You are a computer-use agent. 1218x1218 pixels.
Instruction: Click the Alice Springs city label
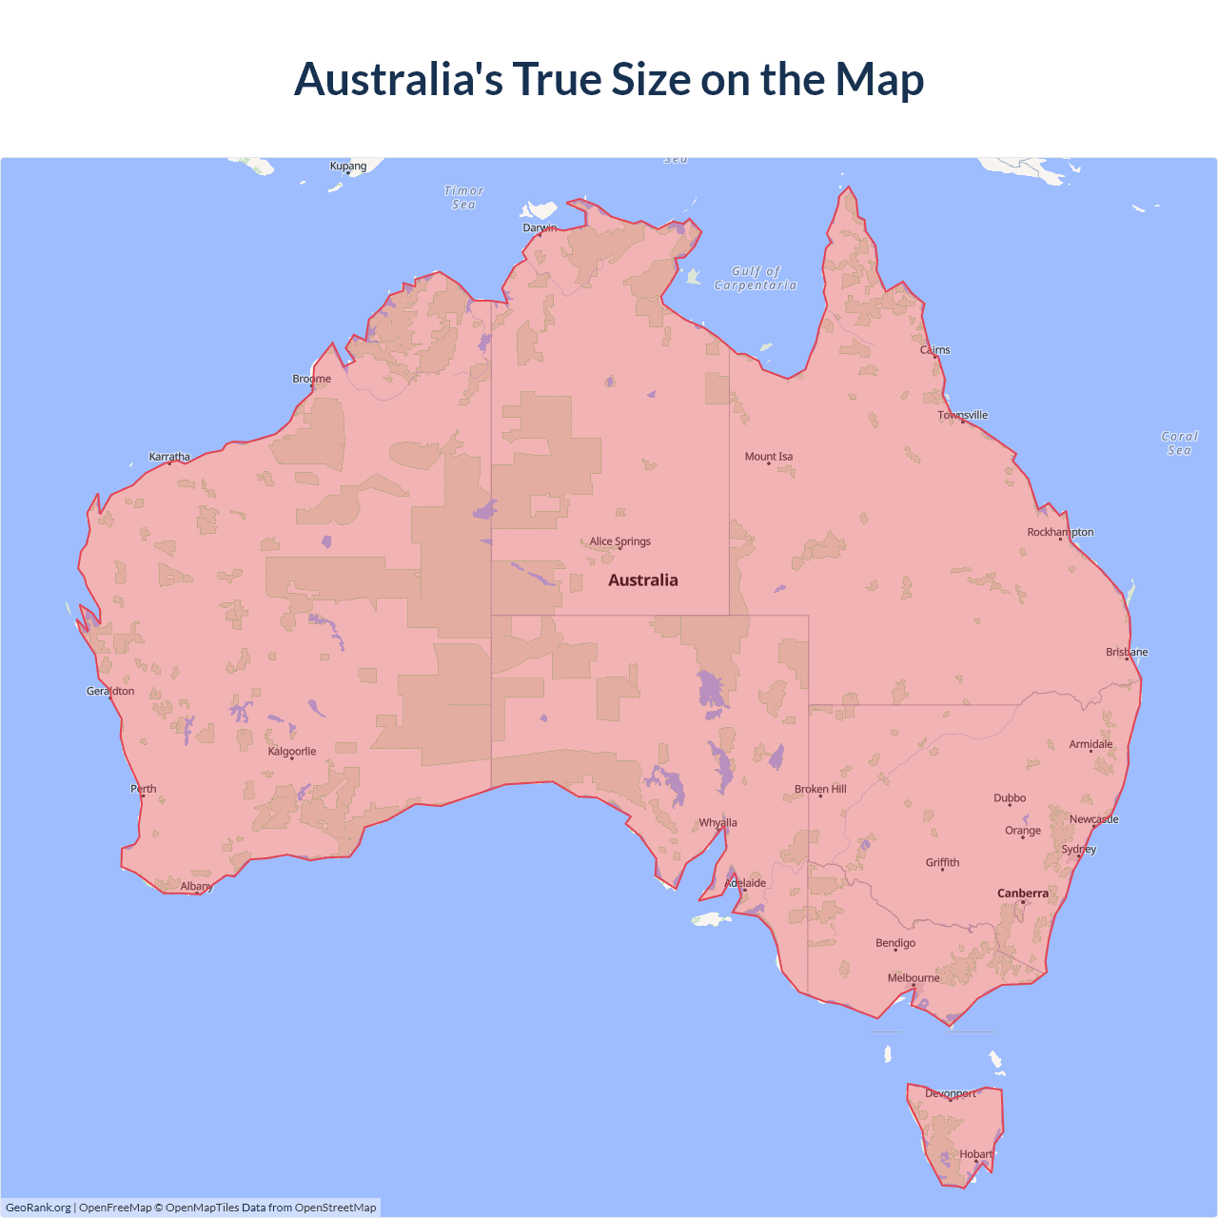pos(620,541)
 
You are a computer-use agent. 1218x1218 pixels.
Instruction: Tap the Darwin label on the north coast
pos(540,227)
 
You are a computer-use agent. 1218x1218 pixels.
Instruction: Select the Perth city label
pos(144,789)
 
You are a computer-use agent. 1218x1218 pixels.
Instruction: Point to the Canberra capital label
pos(1023,894)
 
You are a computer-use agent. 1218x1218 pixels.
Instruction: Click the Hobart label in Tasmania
pos(976,1154)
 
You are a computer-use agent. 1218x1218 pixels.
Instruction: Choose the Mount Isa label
pos(769,457)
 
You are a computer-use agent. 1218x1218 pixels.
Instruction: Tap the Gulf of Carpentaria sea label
pos(756,278)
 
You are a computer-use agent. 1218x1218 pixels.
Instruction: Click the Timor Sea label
pos(464,198)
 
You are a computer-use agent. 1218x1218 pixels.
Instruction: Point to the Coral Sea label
pos(1179,443)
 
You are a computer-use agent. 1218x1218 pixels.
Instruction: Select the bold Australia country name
pos(643,580)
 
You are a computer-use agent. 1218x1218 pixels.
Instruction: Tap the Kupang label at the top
pos(348,166)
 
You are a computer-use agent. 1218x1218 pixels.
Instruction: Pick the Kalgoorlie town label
pos(292,752)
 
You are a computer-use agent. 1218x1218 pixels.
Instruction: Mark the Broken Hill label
pos(820,790)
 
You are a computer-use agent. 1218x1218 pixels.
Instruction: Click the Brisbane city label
pos(1127,653)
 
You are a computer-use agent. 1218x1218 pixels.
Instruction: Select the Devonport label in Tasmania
pos(951,1094)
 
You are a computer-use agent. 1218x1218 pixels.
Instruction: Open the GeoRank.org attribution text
pos(38,1208)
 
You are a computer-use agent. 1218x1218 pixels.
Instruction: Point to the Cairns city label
pos(935,350)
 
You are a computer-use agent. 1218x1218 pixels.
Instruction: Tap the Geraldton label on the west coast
pos(110,692)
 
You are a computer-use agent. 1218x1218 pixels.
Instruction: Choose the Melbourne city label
pos(913,978)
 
